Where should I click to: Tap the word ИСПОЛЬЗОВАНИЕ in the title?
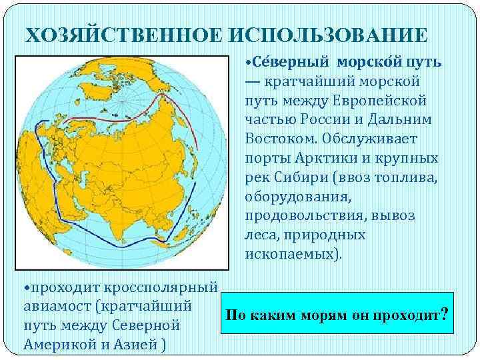click(x=320, y=34)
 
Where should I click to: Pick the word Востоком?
click(x=280, y=139)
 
